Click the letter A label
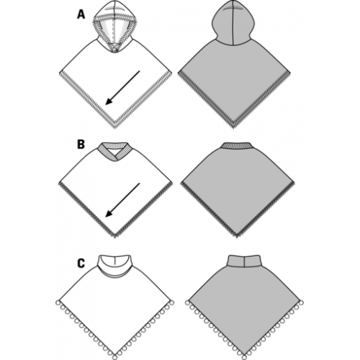[81, 14]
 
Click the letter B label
[81, 145]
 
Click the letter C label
[81, 264]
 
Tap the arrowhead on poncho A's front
[109, 102]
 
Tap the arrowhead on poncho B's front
[109, 213]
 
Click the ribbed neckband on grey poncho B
[237, 145]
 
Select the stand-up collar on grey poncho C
[244, 261]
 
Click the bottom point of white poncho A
[114, 127]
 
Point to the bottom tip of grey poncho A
[233, 127]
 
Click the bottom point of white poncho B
[115, 237]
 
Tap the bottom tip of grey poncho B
[237, 237]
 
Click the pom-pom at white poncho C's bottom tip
[115, 357]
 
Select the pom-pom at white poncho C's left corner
[58, 302]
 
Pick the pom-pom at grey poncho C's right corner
[301, 302]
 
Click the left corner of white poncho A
[60, 72]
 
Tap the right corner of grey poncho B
[294, 183]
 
